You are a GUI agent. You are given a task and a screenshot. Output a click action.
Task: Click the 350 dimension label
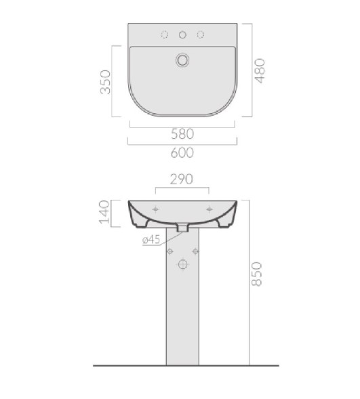click(105, 82)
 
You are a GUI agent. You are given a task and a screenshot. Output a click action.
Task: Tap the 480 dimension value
click(260, 70)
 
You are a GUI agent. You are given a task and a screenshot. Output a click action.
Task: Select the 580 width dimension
click(182, 134)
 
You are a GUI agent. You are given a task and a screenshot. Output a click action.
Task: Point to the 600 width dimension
click(182, 152)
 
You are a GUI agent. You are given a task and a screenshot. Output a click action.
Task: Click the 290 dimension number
click(182, 180)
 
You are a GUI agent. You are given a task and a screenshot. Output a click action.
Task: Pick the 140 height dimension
click(104, 212)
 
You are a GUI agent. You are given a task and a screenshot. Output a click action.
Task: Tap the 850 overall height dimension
click(256, 274)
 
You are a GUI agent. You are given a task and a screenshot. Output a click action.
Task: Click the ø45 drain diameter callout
click(151, 239)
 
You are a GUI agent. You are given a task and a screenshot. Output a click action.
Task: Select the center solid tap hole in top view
click(182, 35)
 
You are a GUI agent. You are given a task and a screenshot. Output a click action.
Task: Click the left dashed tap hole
click(165, 35)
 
